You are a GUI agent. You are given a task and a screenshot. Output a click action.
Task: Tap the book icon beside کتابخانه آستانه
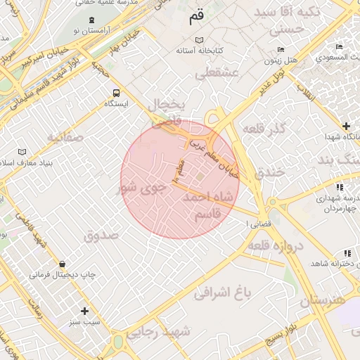(200, 39)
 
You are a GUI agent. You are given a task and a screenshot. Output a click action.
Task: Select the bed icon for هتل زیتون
(281, 49)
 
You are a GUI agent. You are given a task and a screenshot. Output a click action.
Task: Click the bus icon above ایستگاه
(116, 92)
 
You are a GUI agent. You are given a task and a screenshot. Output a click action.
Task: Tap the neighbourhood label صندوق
(103, 236)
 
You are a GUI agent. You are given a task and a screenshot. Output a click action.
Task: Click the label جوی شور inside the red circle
(142, 188)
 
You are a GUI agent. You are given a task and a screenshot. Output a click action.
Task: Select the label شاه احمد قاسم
(207, 205)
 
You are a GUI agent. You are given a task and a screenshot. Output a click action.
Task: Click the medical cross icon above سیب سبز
(85, 310)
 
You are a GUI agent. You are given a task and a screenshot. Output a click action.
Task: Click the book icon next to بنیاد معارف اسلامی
(22, 152)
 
